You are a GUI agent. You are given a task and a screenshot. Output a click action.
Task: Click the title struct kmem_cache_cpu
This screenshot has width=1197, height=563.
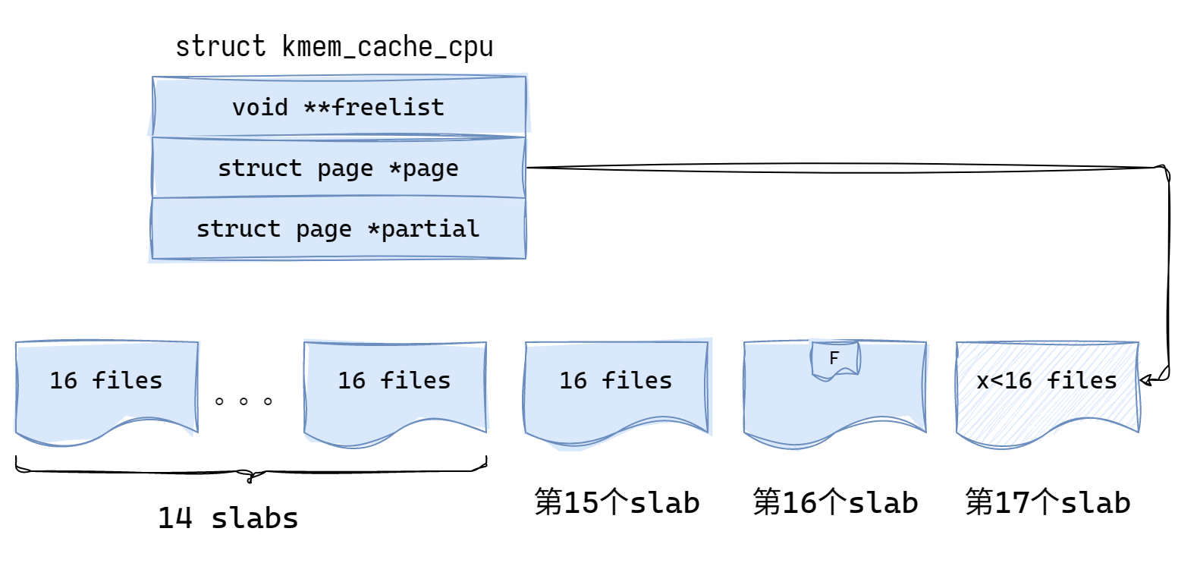[x=334, y=47]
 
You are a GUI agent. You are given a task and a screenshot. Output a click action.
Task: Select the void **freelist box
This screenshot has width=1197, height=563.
[x=339, y=107]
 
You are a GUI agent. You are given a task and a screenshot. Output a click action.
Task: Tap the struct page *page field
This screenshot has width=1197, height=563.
[x=339, y=168]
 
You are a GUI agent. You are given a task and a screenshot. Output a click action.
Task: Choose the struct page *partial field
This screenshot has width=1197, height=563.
[x=339, y=228]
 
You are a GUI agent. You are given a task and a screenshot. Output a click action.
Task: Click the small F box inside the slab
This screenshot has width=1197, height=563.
[x=834, y=359]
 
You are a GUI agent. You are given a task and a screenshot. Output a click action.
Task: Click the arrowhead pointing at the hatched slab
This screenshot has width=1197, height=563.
[x=1145, y=379]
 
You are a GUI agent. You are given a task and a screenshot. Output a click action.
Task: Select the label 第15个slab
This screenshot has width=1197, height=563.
[x=617, y=502]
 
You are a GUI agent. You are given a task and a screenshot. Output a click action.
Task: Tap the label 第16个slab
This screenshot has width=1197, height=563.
[x=835, y=502]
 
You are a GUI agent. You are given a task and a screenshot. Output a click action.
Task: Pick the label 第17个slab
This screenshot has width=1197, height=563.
[x=1048, y=502]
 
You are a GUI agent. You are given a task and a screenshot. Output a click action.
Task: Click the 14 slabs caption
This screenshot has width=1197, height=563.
[x=228, y=518]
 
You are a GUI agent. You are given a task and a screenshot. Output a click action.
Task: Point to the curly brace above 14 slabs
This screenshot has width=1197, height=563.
[x=250, y=472]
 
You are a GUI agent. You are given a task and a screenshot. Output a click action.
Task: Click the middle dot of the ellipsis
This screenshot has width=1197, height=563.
[x=243, y=401]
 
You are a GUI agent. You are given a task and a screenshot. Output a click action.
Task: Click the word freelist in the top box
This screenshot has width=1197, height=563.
[x=388, y=107]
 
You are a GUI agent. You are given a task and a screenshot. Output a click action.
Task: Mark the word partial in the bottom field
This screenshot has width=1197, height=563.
[x=431, y=228]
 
